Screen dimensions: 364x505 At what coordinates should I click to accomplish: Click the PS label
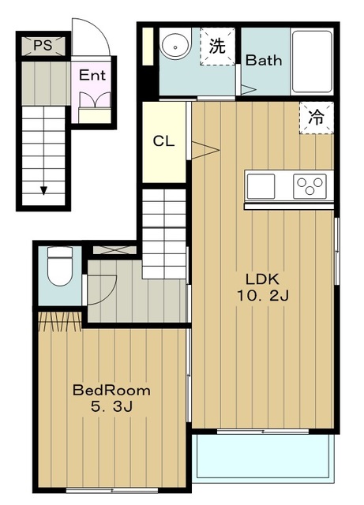coord(43,46)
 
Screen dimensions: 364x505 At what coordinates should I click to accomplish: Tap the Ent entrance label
coord(92,76)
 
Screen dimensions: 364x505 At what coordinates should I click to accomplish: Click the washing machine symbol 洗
coord(217,46)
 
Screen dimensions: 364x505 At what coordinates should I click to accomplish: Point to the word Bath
coord(264,60)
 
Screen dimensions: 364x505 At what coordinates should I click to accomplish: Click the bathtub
coord(312,62)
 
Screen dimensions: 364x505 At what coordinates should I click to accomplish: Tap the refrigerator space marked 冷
coord(317,118)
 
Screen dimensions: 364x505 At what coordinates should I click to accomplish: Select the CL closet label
coord(163,141)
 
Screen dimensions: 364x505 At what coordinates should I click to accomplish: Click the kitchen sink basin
coord(261,186)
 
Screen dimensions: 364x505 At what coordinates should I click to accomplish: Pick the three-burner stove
coord(310,186)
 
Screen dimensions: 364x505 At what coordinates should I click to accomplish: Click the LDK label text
coord(262,279)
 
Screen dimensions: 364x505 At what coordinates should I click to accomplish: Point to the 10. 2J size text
coord(263,295)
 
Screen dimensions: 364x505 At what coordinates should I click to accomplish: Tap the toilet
coord(60,266)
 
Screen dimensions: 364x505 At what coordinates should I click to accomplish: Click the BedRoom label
coord(111,391)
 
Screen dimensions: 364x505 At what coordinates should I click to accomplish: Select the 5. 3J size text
coord(111,406)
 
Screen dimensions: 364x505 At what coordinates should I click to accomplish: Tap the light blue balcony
coord(264,456)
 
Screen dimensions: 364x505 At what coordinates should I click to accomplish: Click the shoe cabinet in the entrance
coord(95,115)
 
